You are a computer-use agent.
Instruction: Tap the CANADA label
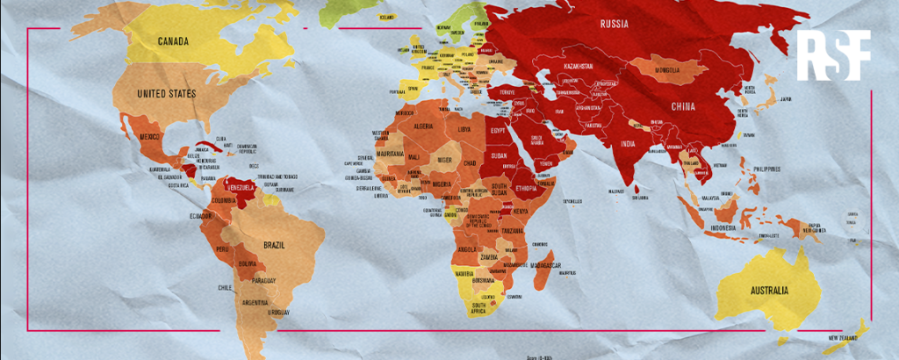click(x=177, y=41)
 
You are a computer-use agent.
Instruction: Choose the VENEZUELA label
click(x=240, y=188)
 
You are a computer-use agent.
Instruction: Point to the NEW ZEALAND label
click(x=845, y=337)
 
